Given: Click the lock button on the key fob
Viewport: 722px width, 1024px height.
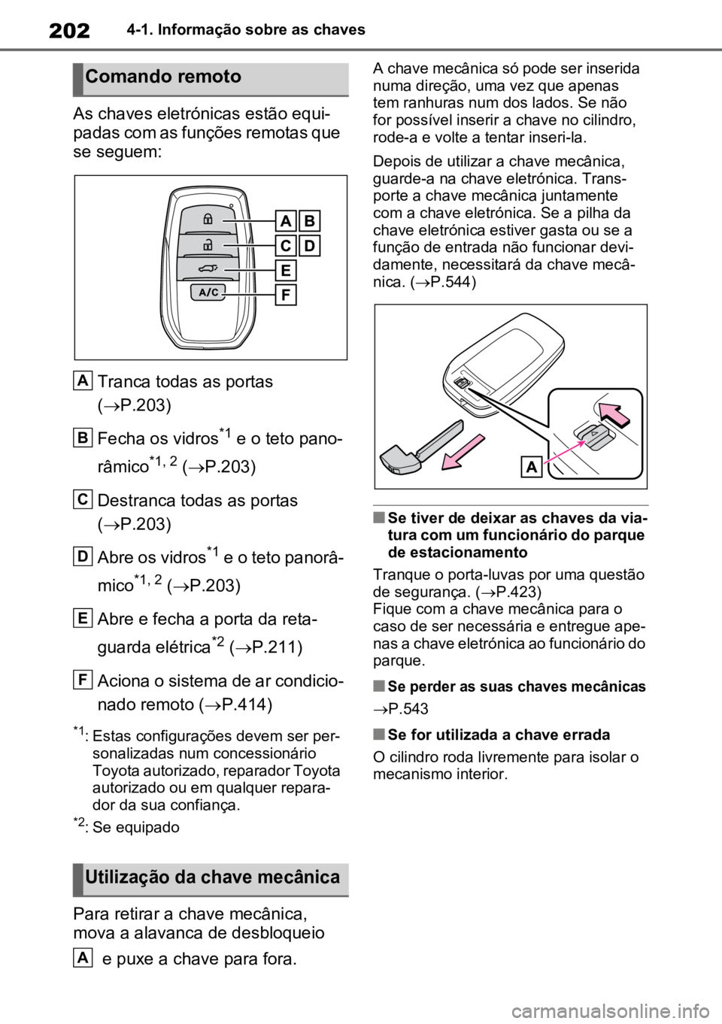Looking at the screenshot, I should coord(208,219).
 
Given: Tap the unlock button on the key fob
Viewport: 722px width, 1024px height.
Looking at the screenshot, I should coord(208,244).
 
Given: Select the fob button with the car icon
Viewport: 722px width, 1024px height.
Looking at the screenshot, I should coord(208,268).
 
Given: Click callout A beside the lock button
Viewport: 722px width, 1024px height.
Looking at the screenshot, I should coord(286,221).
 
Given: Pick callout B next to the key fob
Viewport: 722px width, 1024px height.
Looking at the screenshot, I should coord(309,221).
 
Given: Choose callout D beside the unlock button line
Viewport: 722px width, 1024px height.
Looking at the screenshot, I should coord(309,246).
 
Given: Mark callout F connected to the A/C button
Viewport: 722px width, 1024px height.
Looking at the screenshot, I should coord(286,295).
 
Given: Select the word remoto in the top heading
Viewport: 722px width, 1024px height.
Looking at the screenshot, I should coord(211,77).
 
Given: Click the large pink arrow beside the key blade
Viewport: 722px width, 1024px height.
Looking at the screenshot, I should coord(463,452).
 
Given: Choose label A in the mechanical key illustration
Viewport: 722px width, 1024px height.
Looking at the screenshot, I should coord(532,467).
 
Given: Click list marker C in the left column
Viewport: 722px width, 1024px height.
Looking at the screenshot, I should coord(83,499).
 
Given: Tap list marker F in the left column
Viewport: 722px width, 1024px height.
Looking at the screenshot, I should coord(83,680).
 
